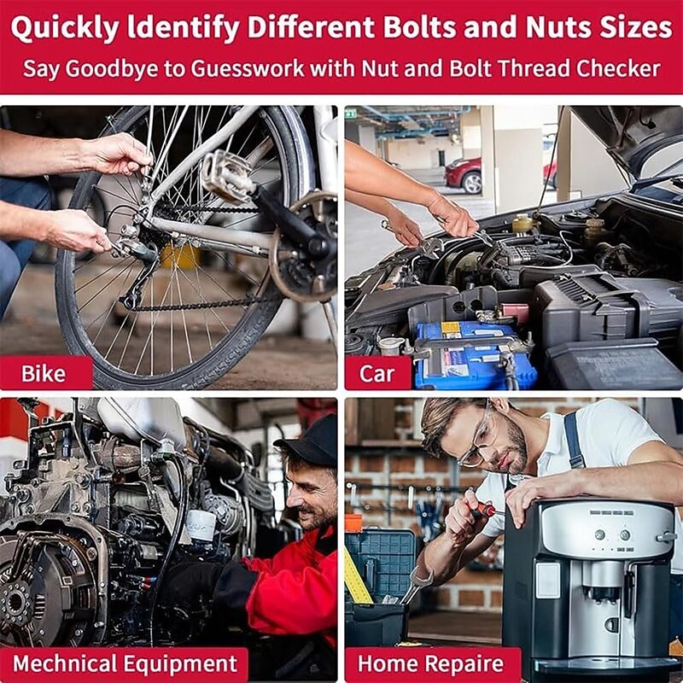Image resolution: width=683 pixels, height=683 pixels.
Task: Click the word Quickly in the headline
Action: (65, 28)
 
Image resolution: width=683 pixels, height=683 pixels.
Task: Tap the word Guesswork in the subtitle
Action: (248, 69)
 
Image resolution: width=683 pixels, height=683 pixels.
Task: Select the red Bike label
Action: (46, 373)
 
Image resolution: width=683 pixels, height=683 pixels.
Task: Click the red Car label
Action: (377, 373)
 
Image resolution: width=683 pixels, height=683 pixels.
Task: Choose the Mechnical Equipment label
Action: (124, 664)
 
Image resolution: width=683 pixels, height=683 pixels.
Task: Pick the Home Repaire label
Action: (431, 664)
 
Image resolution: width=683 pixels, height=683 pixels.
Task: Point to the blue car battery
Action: (475, 355)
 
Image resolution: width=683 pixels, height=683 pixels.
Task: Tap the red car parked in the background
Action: (464, 174)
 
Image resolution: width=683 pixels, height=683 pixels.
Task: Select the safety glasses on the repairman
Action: (477, 440)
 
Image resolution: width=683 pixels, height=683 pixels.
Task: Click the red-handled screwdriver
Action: (482, 506)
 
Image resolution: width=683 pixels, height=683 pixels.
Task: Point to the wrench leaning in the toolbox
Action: (416, 585)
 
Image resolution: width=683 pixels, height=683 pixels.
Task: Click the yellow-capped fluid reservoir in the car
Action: (522, 225)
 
